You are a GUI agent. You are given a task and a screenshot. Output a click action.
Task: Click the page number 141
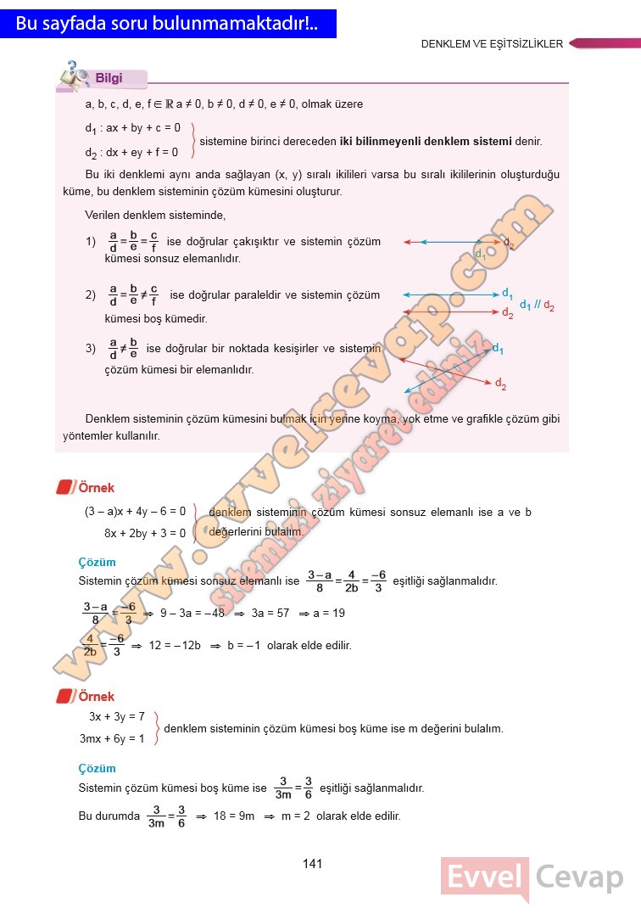312,864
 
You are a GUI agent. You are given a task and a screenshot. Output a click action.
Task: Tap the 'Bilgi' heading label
109,78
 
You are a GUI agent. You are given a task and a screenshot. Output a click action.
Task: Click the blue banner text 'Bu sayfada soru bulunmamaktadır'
166,25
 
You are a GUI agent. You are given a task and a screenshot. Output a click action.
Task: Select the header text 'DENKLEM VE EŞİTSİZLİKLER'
492,44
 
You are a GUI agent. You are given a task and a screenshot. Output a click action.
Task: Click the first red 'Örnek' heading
96,488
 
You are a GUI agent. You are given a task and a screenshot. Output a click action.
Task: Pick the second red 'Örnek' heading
96,697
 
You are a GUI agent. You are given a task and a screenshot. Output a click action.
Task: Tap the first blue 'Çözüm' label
97,562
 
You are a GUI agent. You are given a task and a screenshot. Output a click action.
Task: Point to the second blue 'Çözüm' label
97,768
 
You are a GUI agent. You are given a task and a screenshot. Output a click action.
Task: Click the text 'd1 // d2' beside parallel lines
537,306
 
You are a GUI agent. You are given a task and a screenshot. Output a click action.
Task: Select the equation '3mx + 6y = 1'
113,738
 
